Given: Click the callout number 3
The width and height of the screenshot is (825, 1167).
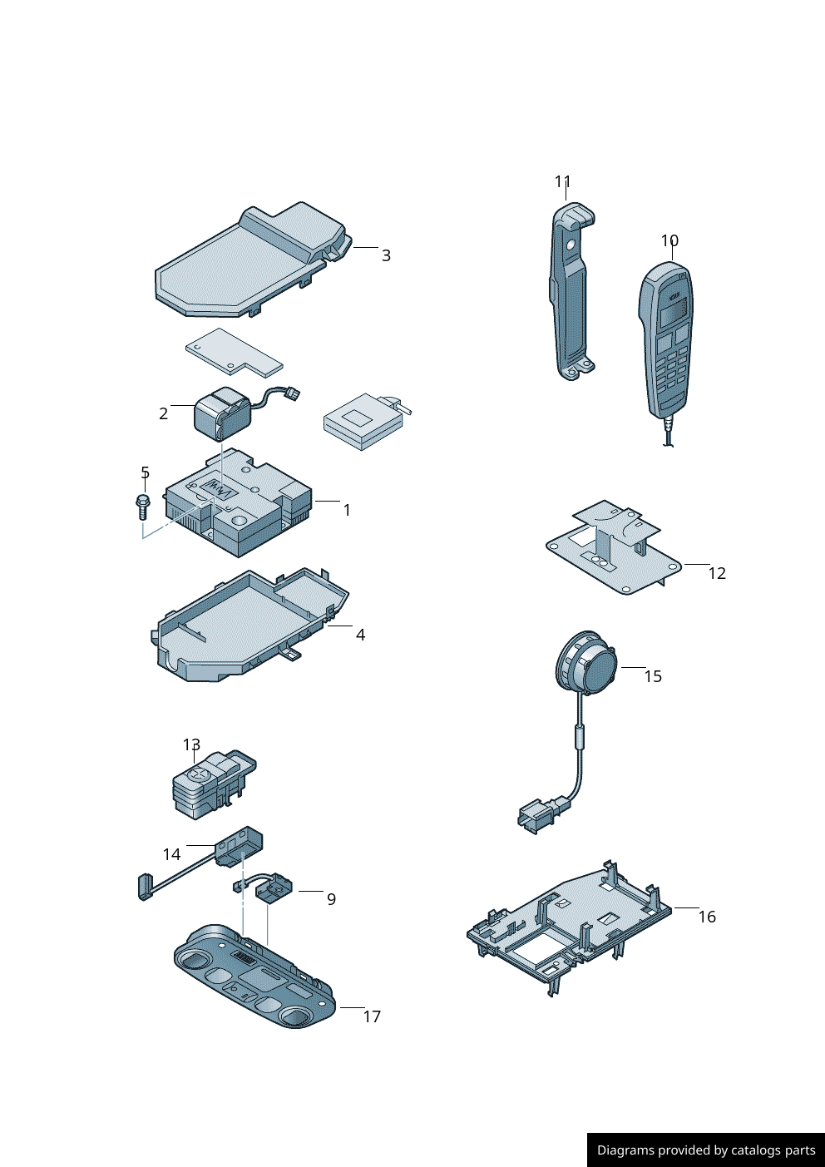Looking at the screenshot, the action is click(386, 256).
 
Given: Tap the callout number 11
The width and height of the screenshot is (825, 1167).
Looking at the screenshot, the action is click(562, 182).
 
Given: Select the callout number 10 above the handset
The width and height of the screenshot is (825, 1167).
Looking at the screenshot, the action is click(669, 240).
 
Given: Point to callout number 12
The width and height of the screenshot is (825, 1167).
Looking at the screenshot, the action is click(717, 573).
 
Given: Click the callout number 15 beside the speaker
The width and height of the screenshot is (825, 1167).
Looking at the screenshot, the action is click(653, 676).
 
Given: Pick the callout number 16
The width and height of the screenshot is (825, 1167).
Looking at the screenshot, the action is click(707, 917).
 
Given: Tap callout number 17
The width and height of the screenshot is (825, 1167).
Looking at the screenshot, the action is click(372, 1016).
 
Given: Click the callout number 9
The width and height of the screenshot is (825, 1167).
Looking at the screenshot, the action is click(331, 899).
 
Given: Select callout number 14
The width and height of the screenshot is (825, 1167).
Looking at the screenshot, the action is click(172, 854).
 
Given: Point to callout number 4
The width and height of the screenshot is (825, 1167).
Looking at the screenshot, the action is click(360, 635).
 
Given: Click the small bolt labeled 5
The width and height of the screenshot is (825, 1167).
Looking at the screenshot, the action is click(141, 507).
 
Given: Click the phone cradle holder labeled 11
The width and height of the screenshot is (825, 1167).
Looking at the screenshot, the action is click(571, 290).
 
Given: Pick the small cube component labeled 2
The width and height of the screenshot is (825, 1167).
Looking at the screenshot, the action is click(222, 414).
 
